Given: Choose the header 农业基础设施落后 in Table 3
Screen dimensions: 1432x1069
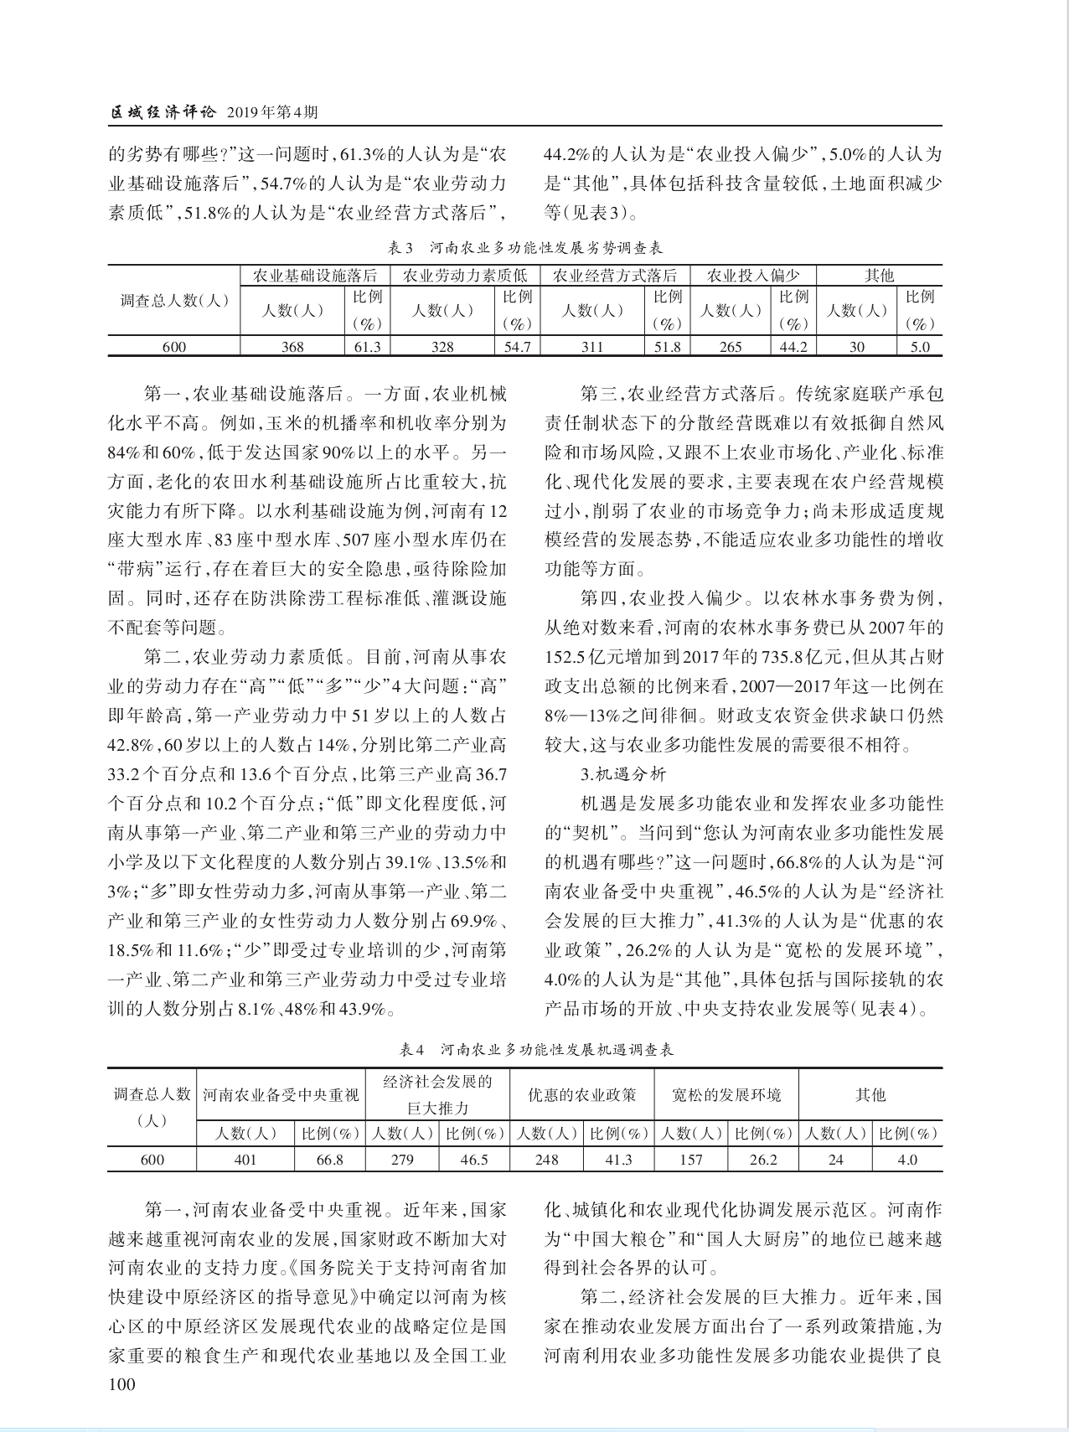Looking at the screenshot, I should pos(315,276).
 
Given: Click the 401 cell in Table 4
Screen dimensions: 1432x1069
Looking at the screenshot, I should pos(245,1160).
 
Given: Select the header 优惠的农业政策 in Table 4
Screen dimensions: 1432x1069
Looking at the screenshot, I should pos(581,1095).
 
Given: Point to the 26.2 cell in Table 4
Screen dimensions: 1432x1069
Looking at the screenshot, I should pos(762,1160).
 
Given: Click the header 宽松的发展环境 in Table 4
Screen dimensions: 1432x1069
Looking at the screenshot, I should pos(726,1095).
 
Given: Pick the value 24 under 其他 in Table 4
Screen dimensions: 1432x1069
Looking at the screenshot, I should pos(835,1160).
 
